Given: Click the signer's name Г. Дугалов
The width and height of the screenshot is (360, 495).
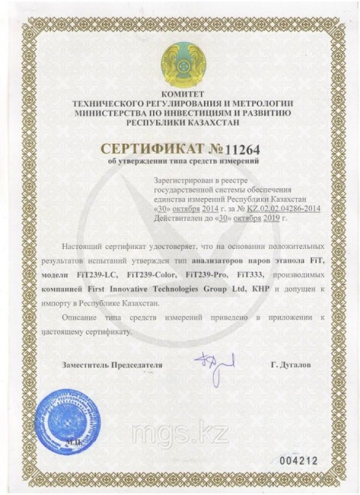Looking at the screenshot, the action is (292, 366).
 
